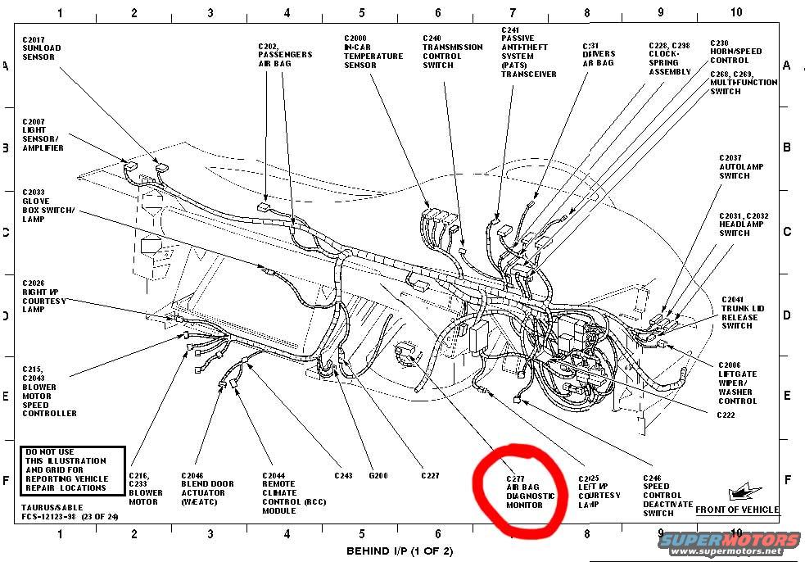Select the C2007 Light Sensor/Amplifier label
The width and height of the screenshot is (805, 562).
click(x=43, y=134)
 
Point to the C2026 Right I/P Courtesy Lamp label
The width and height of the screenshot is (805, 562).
click(x=45, y=296)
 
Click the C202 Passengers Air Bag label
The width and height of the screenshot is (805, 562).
click(x=284, y=54)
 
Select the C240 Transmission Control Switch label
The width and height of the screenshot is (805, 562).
click(x=452, y=52)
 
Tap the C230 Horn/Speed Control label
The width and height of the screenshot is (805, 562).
click(x=735, y=52)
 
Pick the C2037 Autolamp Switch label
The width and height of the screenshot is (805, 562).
click(x=741, y=166)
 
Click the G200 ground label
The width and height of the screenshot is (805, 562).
click(x=378, y=475)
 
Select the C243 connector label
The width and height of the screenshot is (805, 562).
click(x=343, y=475)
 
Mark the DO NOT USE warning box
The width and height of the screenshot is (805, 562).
click(x=72, y=469)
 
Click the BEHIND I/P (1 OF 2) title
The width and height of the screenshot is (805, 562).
click(x=400, y=550)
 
